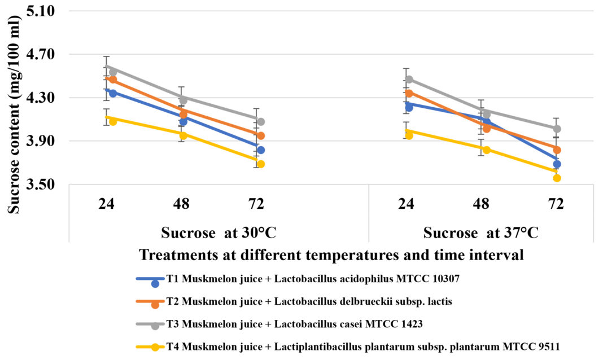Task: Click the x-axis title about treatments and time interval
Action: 331,254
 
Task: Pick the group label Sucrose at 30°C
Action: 219,232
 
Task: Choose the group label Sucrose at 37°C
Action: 481,232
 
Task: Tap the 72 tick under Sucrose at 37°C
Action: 556,204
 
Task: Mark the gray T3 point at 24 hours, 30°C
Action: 113,72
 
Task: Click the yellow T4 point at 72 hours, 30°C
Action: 261,164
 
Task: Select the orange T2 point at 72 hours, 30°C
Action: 261,135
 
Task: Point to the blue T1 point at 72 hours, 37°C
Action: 557,164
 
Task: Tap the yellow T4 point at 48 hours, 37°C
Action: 486,150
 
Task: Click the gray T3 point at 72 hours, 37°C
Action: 557,129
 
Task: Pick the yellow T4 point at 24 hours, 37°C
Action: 409,135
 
